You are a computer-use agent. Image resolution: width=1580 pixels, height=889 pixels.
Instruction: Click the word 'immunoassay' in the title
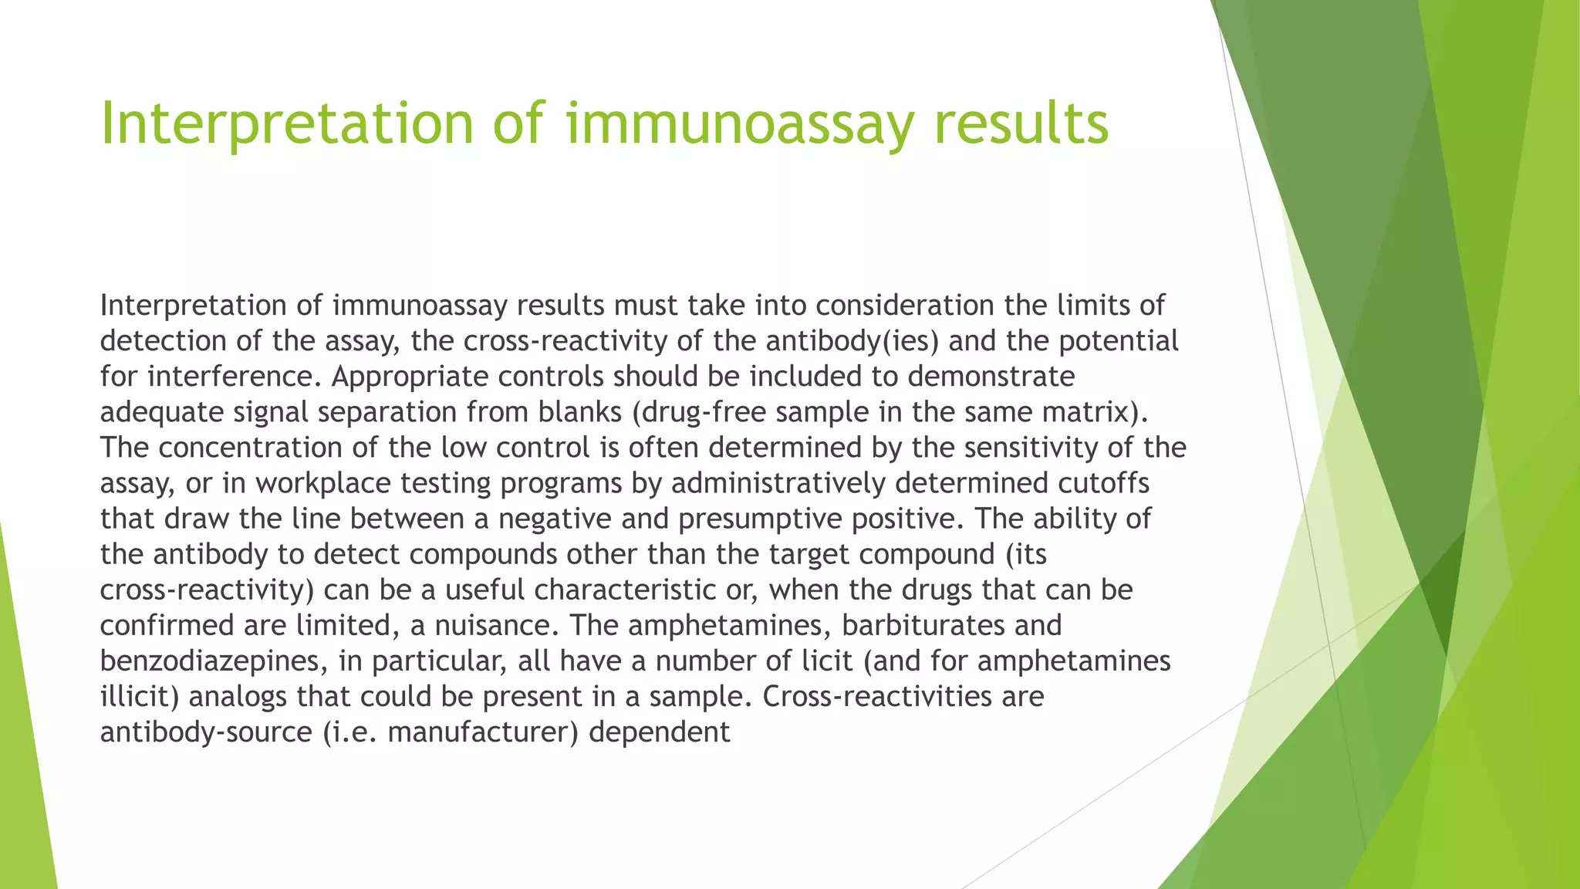(738, 123)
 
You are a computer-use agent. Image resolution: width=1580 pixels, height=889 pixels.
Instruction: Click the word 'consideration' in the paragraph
(905, 306)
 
